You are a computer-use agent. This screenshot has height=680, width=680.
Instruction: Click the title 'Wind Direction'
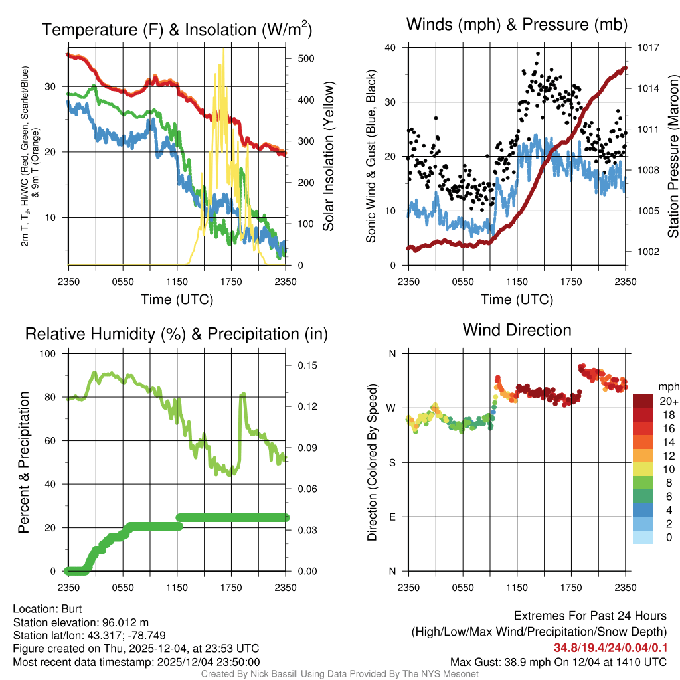coord(517,330)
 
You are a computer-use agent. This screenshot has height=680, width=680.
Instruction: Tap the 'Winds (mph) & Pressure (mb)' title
coord(517,25)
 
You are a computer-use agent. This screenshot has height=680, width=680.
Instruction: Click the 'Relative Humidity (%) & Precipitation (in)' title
coord(176,334)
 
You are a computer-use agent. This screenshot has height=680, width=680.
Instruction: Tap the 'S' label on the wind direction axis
coord(392,462)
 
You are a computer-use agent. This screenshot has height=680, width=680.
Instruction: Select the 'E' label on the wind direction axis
coord(392,517)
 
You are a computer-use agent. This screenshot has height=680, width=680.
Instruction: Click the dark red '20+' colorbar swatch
coord(643,400)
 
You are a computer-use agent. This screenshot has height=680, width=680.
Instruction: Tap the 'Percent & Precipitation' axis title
coord(24,462)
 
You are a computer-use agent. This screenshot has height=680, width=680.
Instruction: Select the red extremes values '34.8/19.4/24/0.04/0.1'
coord(610,647)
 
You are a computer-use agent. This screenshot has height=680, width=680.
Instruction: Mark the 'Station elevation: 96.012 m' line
coord(78,622)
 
